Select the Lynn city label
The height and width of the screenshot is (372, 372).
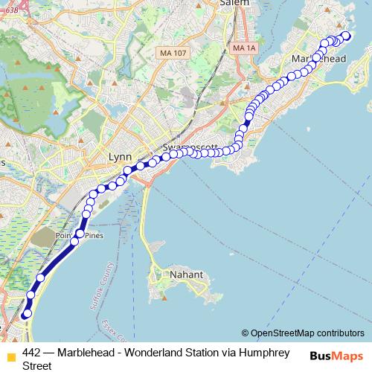(119, 158)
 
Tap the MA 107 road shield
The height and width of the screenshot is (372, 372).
(173, 54)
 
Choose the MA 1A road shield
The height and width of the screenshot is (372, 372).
(243, 48)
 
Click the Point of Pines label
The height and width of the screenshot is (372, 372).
(83, 236)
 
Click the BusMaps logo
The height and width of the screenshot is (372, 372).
(337, 356)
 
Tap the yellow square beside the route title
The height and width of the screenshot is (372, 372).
(10, 355)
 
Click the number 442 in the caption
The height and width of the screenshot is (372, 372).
(32, 352)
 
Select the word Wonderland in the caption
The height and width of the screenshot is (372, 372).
(158, 352)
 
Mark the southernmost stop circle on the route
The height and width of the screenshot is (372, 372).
(27, 314)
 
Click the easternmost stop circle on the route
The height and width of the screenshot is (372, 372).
(345, 36)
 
